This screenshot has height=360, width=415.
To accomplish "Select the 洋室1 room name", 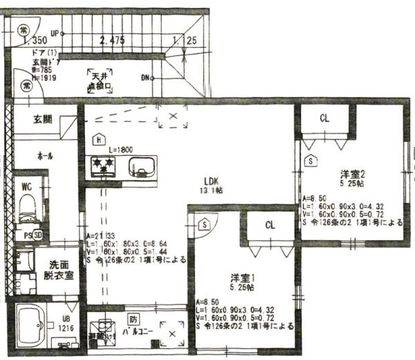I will (x=243, y=277).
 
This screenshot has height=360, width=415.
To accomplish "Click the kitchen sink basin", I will (x=144, y=167).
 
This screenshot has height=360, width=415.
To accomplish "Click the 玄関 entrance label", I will (x=42, y=119).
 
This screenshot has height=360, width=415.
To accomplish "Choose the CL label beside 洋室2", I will (x=324, y=118).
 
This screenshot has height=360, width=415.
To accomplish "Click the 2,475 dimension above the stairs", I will (x=112, y=41).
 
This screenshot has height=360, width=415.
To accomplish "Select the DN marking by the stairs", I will (x=146, y=78).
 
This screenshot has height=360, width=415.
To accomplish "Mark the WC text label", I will (x=27, y=186).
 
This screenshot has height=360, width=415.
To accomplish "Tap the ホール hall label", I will (x=46, y=156).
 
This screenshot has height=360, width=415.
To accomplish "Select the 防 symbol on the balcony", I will (x=133, y=319).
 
